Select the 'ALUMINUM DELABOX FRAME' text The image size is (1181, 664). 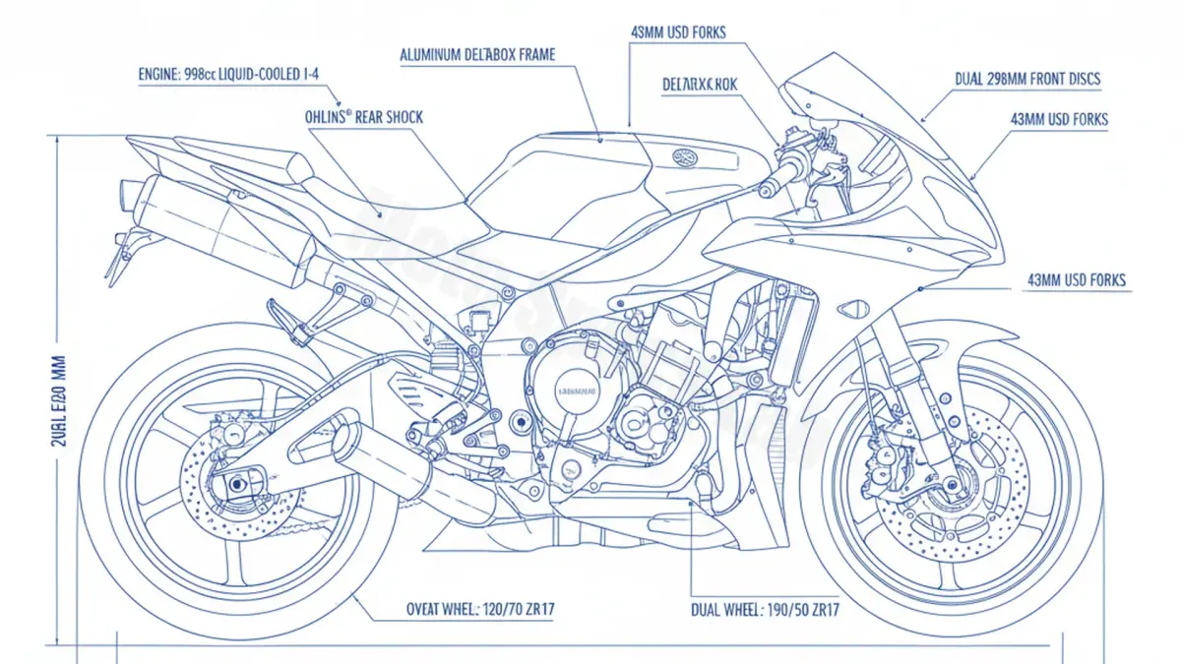point(477,55)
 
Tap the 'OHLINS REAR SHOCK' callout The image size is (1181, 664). point(364,117)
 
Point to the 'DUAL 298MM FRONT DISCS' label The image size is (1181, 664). point(1027,79)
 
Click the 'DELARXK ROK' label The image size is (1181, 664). point(699,85)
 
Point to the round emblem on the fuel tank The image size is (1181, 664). point(684,155)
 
